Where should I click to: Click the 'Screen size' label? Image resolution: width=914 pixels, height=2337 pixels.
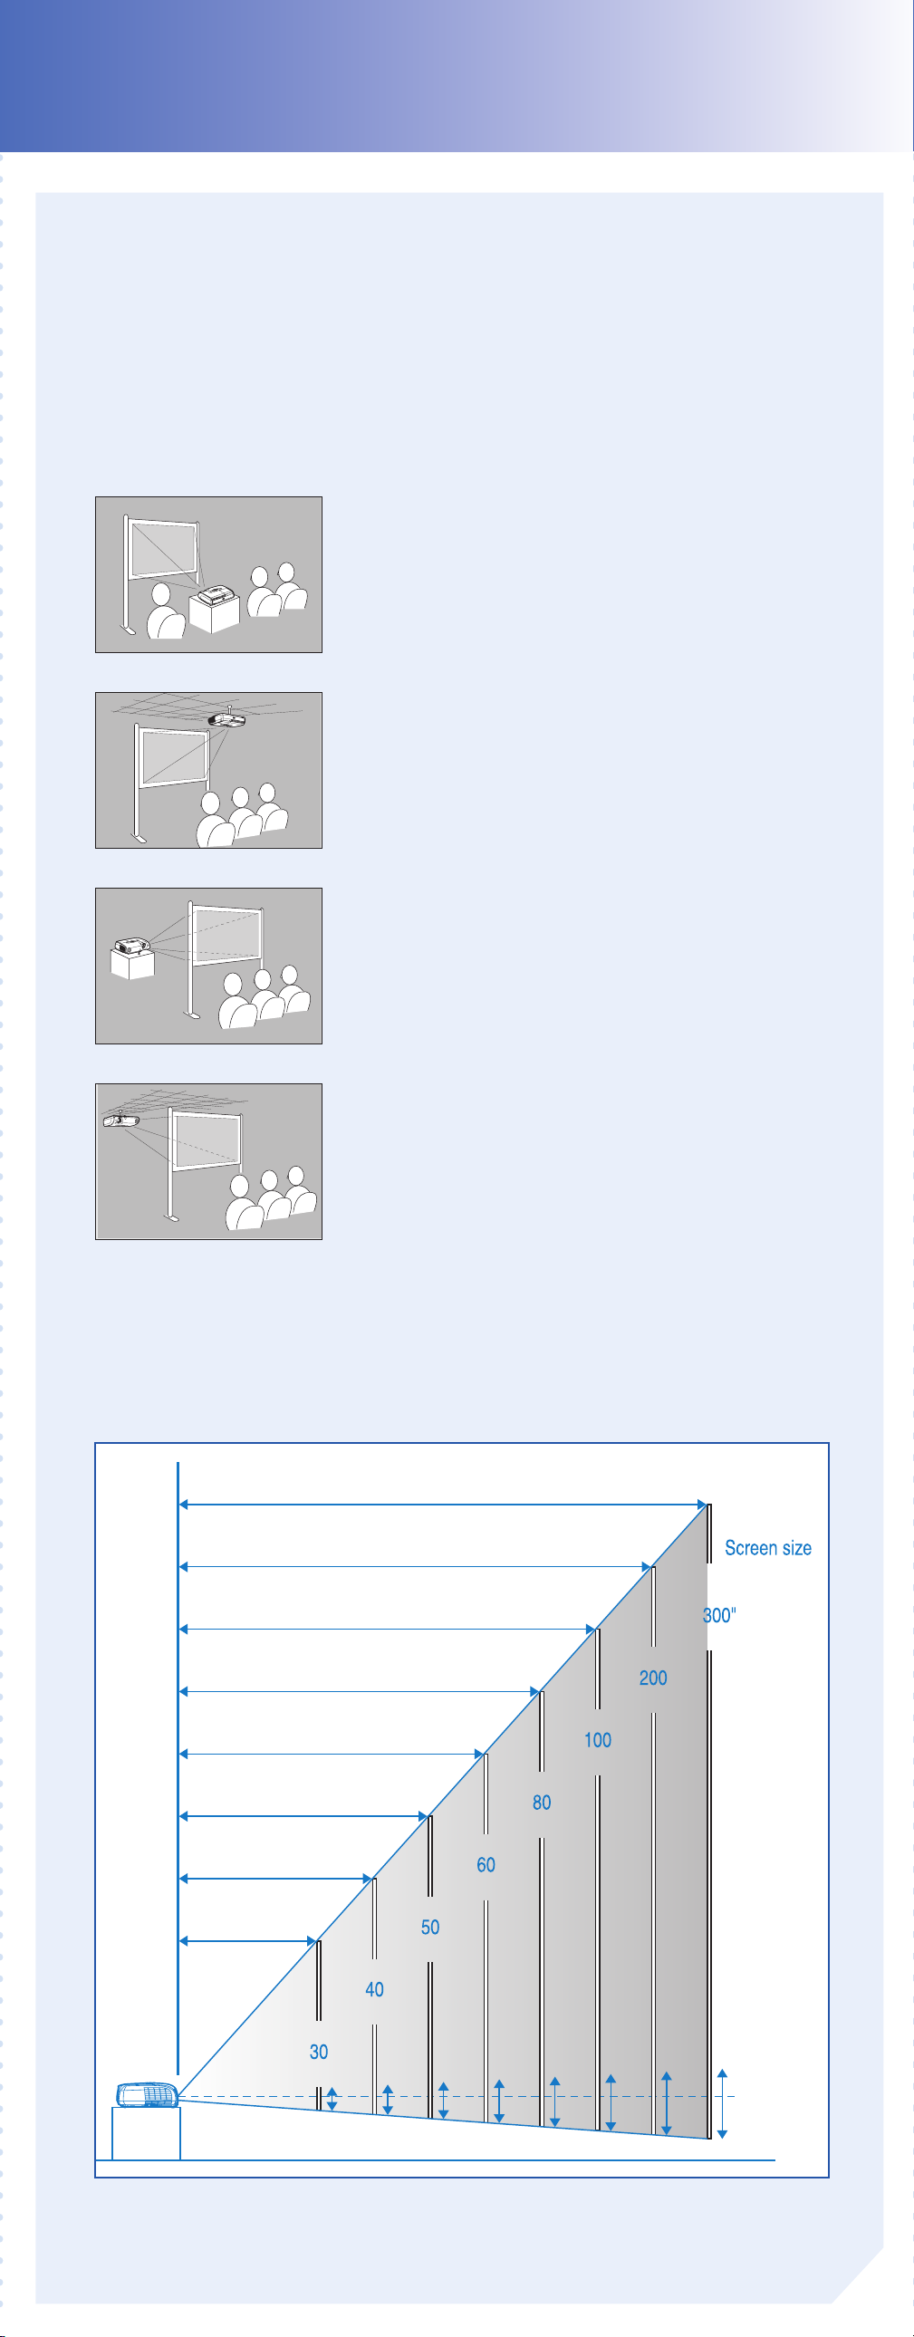tap(768, 1548)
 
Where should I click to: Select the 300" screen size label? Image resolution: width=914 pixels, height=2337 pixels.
tap(719, 1615)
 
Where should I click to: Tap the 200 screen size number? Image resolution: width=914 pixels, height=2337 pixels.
tap(652, 1678)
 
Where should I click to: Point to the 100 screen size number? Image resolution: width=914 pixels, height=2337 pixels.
tap(597, 1740)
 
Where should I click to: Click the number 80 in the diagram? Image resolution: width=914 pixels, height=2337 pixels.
tap(542, 1803)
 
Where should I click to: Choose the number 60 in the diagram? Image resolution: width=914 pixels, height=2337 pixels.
tap(486, 1864)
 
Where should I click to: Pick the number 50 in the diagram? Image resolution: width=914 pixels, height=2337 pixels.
tap(430, 1927)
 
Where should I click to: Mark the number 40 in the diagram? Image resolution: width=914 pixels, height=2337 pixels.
tap(374, 1989)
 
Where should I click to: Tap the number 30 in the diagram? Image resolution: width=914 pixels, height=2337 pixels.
tap(319, 2053)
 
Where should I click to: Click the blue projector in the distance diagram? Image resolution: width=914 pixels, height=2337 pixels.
tap(147, 2095)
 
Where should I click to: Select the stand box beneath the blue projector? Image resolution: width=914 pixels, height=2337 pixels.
tap(146, 2133)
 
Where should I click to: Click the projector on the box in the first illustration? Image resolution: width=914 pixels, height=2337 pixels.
tap(216, 597)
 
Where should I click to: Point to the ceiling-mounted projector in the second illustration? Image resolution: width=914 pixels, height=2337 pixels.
tap(226, 719)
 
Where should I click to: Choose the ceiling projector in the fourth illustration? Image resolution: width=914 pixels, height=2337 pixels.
tap(120, 1120)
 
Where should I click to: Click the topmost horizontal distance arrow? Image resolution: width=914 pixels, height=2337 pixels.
tap(443, 1505)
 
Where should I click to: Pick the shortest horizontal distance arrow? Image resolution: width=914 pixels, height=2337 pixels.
tap(248, 1941)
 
